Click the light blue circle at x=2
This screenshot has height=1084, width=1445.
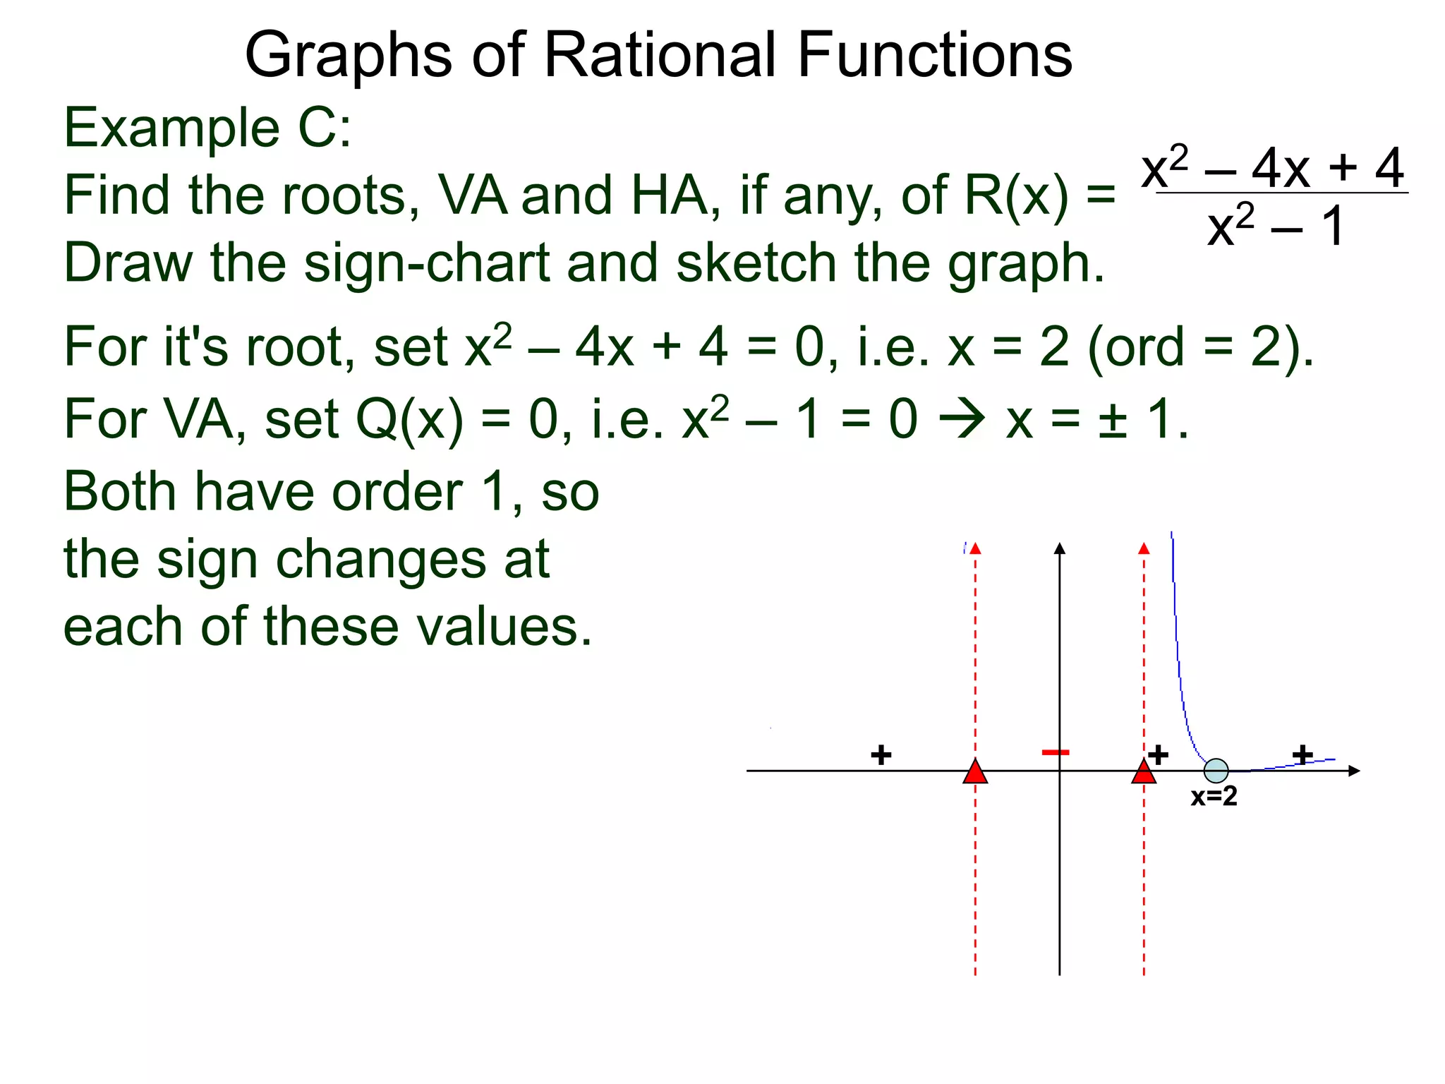coord(1216,771)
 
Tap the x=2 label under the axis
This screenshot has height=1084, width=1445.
coord(1214,797)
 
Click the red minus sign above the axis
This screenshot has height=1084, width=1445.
coord(1056,752)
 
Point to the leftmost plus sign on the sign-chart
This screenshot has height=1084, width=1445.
coord(881,755)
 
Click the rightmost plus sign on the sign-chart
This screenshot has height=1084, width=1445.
coord(1302,754)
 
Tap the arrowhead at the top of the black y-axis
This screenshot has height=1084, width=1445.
coord(1059,548)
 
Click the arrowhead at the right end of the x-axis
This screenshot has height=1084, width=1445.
coord(1353,771)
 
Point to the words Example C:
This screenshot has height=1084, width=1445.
coord(207,128)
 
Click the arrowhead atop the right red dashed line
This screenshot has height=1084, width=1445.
coord(1144,548)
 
